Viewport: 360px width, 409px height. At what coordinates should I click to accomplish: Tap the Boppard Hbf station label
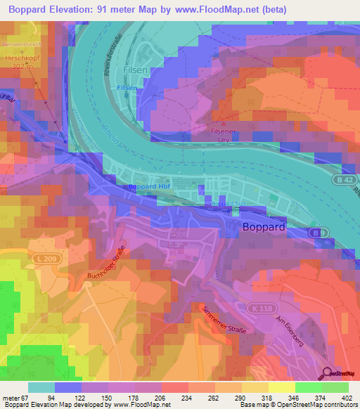coord(150,186)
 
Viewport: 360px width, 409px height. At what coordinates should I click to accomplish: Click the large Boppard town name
coord(263,228)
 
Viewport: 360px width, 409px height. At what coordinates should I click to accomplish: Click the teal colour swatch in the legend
coord(41,387)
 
